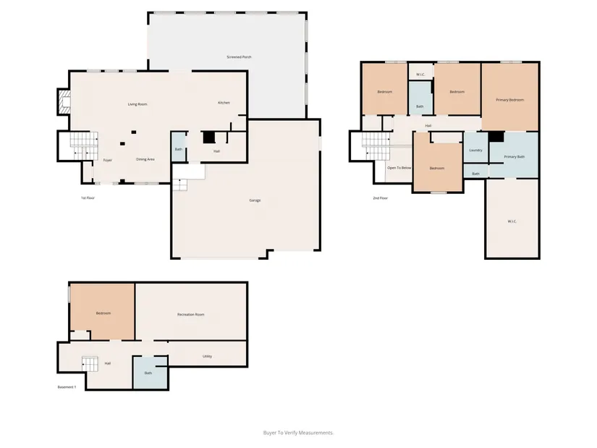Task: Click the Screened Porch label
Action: pos(239,57)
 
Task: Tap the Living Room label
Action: pos(137,104)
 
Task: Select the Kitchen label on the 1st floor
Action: pos(224,103)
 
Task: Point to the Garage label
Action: pos(255,200)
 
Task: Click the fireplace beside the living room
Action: pos(64,101)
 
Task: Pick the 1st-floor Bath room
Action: pos(179,147)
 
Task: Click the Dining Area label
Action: pos(145,160)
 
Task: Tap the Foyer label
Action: pos(108,161)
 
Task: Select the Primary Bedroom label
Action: pos(510,100)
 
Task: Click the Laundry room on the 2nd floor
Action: pos(475,148)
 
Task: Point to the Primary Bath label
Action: pos(515,157)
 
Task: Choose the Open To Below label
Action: pos(399,168)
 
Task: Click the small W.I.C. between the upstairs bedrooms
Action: pos(420,72)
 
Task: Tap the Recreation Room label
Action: pos(191,315)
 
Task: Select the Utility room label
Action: pos(207,357)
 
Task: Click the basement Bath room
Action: pos(151,373)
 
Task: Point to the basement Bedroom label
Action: pos(103,313)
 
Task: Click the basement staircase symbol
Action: pos(90,364)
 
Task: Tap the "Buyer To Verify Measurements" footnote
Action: pos(298,433)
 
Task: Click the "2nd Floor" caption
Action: pos(381,198)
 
